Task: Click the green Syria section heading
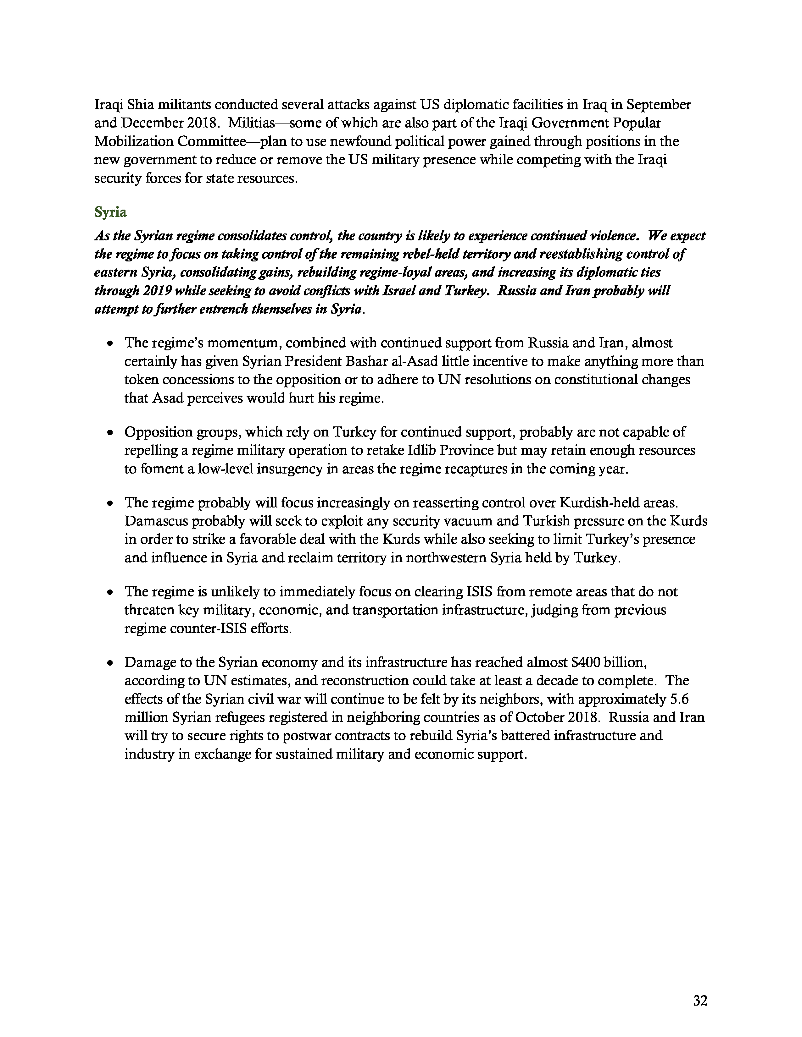click(110, 212)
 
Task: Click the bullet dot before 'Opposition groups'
click(110, 433)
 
